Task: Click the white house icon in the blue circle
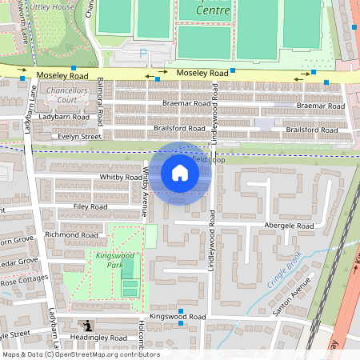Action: coord(180,172)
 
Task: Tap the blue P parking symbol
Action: coord(144,54)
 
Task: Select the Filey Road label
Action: coord(90,206)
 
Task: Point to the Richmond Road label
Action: coord(71,235)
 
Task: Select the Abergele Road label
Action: coord(289,226)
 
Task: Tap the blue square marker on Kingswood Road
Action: coord(181,311)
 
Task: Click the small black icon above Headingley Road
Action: coord(86,325)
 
